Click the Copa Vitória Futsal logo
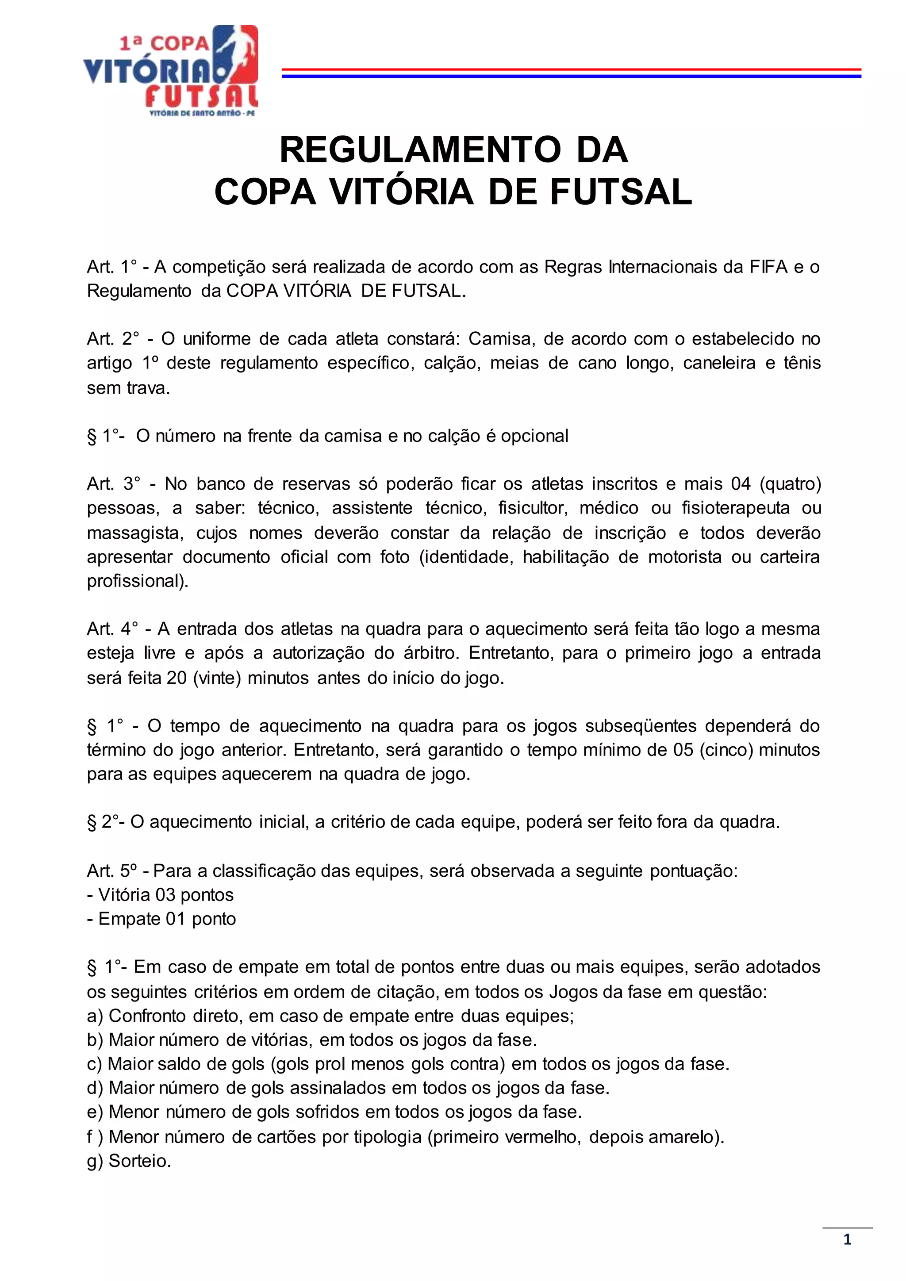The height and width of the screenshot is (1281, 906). coord(171,70)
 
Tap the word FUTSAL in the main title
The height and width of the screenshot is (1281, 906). coord(621,192)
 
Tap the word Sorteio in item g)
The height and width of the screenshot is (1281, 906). coord(139,1161)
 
